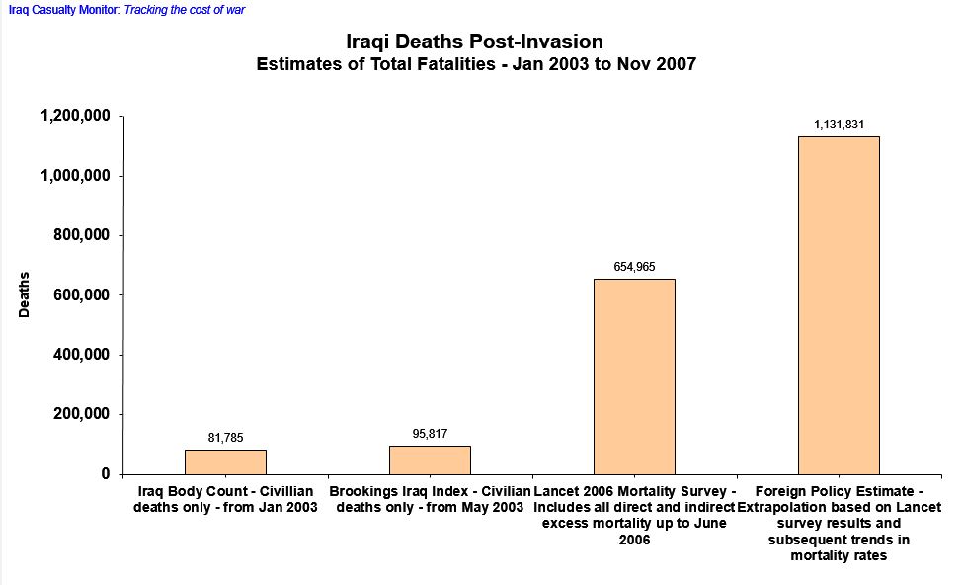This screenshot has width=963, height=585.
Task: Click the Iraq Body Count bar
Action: [x=225, y=461]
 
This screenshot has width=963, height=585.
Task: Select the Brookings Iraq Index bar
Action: [x=430, y=460]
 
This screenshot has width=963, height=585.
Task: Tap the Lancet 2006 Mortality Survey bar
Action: [x=634, y=376]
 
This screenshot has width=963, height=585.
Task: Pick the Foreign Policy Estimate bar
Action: [x=839, y=305]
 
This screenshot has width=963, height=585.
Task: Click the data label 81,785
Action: [x=225, y=437]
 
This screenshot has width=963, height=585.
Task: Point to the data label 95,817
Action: [x=430, y=433]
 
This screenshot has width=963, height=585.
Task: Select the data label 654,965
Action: [x=634, y=267]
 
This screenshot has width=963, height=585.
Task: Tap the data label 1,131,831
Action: [x=839, y=125]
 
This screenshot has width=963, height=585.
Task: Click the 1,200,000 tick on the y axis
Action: [x=74, y=117]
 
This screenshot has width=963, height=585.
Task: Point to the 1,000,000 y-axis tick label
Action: [x=74, y=176]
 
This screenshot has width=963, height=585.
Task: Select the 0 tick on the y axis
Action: [x=104, y=474]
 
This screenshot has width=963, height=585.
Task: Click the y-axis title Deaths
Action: [x=25, y=294]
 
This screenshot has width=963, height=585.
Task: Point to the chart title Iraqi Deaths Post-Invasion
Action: [x=474, y=42]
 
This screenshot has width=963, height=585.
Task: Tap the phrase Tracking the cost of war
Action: [x=184, y=10]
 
